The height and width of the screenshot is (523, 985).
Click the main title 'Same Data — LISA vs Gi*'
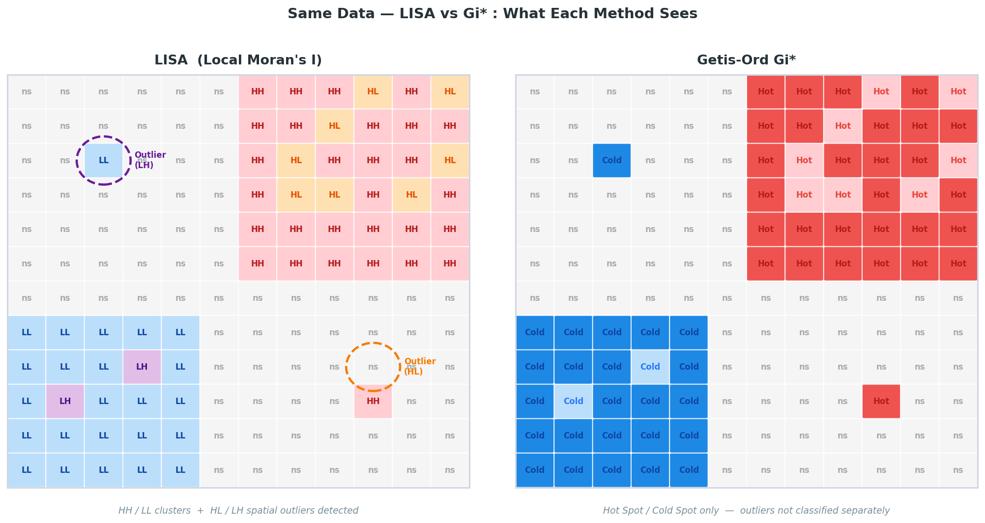tap(492, 14)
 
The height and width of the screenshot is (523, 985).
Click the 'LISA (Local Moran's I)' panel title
tap(238, 60)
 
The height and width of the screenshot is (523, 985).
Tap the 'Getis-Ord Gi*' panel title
tap(746, 60)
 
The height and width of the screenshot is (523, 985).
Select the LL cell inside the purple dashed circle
tap(104, 160)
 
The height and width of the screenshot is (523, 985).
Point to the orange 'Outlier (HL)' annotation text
tap(419, 367)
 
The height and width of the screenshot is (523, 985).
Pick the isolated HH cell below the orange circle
tap(373, 401)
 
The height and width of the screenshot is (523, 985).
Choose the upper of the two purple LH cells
tap(142, 367)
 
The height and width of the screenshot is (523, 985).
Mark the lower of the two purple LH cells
tap(65, 401)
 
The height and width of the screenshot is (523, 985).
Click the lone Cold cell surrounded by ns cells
tap(611, 160)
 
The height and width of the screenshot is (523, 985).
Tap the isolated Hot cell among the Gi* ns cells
tap(881, 401)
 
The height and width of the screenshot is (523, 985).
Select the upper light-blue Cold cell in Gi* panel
tap(650, 367)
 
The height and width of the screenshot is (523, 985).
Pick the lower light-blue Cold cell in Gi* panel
tap(573, 401)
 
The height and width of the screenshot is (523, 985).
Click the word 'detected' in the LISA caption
tap(339, 511)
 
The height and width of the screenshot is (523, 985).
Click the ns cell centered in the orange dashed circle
tap(373, 367)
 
